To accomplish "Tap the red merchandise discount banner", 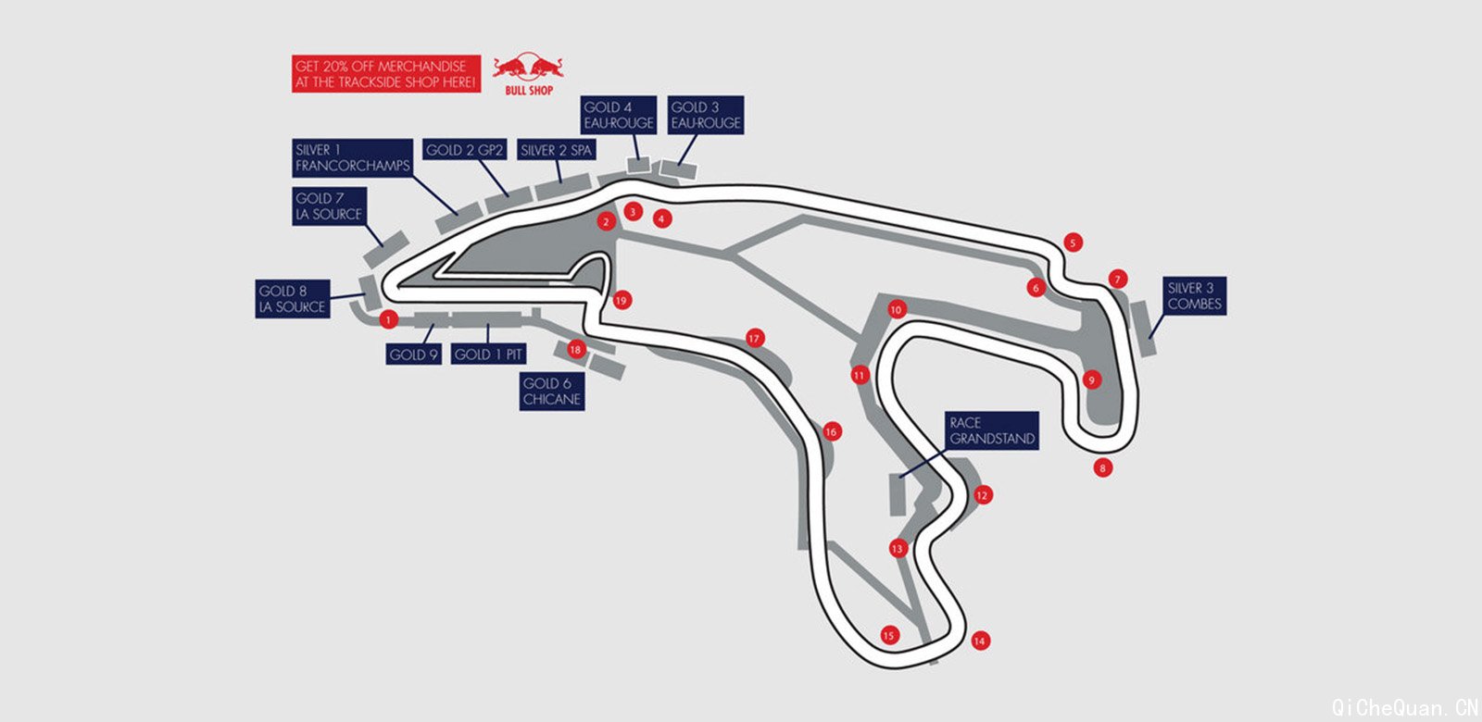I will click(x=385, y=74).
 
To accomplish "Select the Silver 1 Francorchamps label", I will click(x=352, y=157).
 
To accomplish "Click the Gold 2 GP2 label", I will click(x=464, y=150).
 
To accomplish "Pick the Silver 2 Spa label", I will click(x=556, y=150).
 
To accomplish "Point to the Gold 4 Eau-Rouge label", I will click(x=619, y=115).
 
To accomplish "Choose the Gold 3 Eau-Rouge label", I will click(x=706, y=115).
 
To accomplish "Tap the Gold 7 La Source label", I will click(x=329, y=205).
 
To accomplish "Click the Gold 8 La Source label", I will click(x=293, y=299).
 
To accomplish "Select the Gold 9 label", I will click(x=413, y=354).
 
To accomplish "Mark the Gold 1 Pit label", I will click(x=488, y=354).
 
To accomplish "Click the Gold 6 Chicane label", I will click(x=552, y=392).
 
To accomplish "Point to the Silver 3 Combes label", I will click(x=1194, y=296).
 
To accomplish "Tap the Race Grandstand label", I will click(x=992, y=430).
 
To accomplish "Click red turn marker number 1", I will click(x=388, y=319).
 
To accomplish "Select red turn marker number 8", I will click(x=1102, y=468).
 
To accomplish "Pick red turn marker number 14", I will click(x=980, y=640).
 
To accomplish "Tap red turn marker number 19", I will click(x=622, y=300).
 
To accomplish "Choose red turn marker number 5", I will click(x=1073, y=243).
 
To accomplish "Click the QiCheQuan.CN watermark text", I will click(x=1404, y=708).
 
